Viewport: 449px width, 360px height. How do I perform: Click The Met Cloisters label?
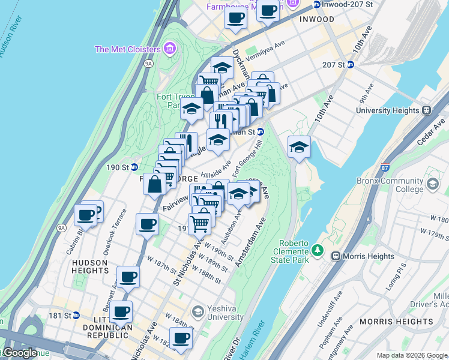pyautogui.click(x=127, y=49)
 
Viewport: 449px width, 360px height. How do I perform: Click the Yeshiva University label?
pyautogui.click(x=232, y=312)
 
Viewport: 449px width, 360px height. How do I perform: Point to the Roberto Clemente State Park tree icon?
pyautogui.click(x=318, y=250)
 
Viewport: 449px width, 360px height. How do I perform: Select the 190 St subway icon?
pyautogui.click(x=134, y=167)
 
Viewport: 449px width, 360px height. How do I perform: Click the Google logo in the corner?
pyautogui.click(x=19, y=353)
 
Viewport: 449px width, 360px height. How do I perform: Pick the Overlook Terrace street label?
pyautogui.click(x=115, y=232)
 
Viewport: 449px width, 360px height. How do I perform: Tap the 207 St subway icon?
pyautogui.click(x=350, y=65)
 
